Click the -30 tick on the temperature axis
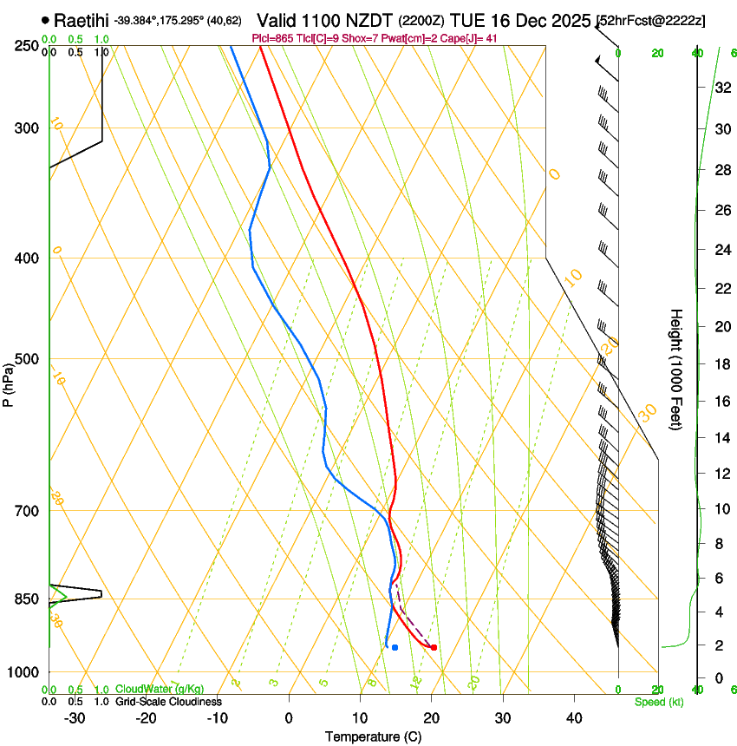(x=75, y=717)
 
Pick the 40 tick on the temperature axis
(x=574, y=717)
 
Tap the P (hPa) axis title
(x=9, y=382)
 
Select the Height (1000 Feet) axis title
(x=677, y=369)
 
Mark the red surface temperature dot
(x=434, y=647)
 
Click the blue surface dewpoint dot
(x=395, y=647)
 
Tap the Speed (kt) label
(x=658, y=702)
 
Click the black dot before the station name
(x=45, y=19)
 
